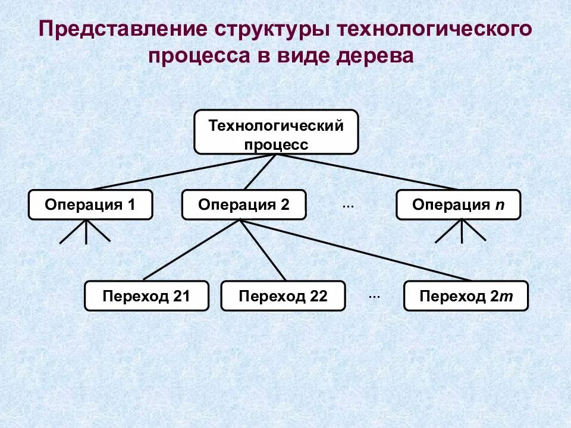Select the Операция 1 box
tap(90, 205)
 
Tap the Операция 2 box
tap(244, 205)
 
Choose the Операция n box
tap(458, 205)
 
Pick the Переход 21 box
tap(146, 296)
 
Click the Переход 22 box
tap(283, 296)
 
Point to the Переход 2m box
tap(466, 296)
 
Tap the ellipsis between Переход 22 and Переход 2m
tap(374, 296)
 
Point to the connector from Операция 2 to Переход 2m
tap(357, 250)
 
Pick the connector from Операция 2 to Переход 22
tap(263, 250)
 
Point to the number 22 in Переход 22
tap(318, 297)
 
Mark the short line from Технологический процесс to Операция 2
tap(260, 172)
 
